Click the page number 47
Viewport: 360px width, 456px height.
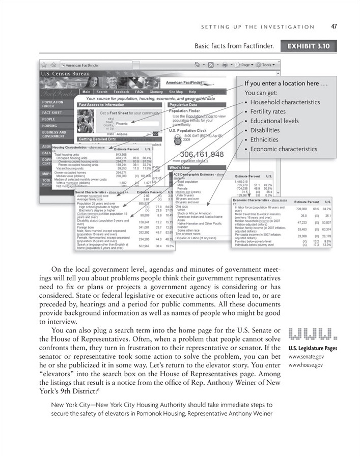(334, 26)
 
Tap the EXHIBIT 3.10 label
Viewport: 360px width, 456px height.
(309, 46)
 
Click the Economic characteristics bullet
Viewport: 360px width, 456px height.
(284, 149)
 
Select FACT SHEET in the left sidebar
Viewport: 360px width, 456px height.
(52, 112)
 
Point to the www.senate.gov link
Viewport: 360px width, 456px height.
(306, 357)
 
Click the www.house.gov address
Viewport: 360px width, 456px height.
(306, 365)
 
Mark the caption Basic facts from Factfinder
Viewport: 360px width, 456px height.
(234, 46)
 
